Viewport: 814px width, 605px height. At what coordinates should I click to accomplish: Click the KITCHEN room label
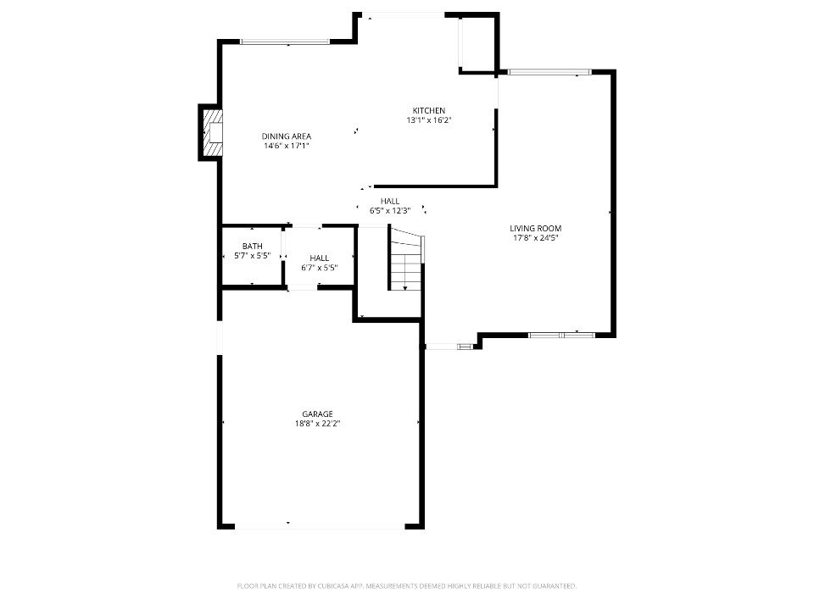tap(429, 110)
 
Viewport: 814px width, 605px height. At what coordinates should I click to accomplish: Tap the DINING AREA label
tap(287, 136)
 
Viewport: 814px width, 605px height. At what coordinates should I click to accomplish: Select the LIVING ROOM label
tap(535, 228)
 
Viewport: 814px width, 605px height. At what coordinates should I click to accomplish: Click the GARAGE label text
tap(318, 414)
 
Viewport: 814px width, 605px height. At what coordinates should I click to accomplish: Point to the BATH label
tap(253, 246)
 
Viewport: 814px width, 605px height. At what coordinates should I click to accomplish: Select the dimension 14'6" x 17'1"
tap(287, 146)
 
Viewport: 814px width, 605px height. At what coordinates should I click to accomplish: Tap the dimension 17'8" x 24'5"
tap(535, 237)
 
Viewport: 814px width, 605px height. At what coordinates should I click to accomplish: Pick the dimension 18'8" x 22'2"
tap(318, 424)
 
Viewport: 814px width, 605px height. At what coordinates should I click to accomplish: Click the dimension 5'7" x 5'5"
tap(253, 255)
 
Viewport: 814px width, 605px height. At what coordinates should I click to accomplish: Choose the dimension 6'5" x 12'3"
tap(390, 211)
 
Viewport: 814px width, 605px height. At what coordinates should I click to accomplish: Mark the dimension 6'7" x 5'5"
tap(320, 268)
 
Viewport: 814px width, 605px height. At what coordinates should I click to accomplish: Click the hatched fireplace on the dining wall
tap(212, 133)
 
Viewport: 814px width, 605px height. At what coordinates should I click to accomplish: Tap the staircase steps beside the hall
tap(406, 259)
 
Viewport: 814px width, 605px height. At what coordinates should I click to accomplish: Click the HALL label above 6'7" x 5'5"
tap(320, 258)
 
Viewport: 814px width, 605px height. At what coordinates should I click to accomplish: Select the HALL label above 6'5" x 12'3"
tap(390, 202)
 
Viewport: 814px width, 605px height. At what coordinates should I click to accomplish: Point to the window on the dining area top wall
tap(285, 42)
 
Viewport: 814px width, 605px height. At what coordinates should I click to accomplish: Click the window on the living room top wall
tap(549, 72)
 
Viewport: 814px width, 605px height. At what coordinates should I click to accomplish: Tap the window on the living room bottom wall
tap(561, 336)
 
